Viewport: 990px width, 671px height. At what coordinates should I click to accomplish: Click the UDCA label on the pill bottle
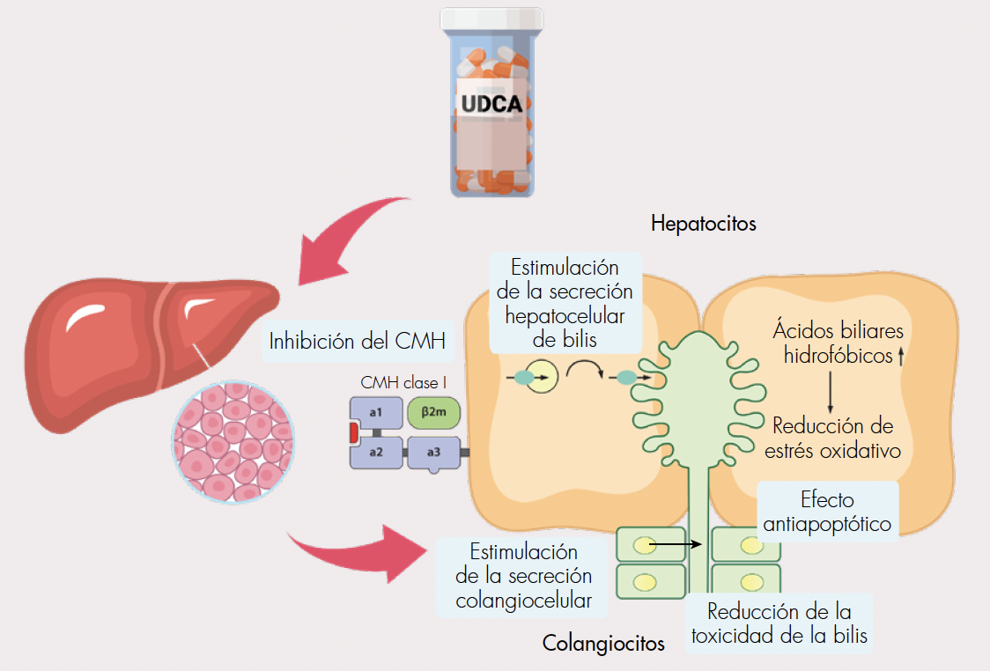pos(492,103)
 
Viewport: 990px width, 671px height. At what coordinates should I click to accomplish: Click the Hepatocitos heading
pos(704,223)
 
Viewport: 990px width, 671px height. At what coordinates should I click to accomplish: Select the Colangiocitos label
pos(603,644)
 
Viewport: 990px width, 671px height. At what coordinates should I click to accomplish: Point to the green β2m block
pos(433,411)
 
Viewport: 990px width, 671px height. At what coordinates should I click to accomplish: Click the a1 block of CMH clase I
pos(375,412)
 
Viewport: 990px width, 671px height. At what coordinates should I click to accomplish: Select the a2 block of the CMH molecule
pos(375,452)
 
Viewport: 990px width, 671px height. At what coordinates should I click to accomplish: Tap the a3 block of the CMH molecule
pos(433,453)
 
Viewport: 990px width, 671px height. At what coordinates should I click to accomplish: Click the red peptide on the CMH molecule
pos(353,432)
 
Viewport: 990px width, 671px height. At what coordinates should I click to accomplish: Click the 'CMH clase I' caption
pos(401,383)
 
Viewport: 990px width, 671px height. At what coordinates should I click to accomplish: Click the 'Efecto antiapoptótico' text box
pos(827,512)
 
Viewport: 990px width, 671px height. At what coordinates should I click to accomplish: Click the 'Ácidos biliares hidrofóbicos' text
pos(837,343)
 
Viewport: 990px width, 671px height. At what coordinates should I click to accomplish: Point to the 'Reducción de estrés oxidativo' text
pos(832,439)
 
